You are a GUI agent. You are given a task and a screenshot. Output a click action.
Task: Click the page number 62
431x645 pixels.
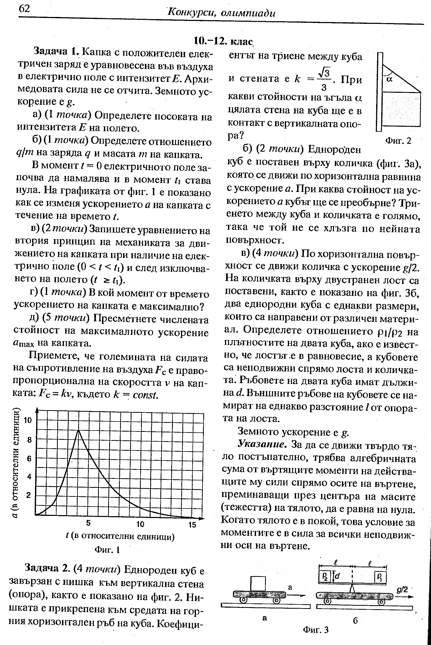pyautogui.click(x=24, y=9)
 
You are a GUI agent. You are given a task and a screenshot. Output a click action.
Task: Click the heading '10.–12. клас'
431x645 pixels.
pyautogui.click(x=223, y=41)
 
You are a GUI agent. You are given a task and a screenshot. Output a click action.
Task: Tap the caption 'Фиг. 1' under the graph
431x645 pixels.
pyautogui.click(x=107, y=550)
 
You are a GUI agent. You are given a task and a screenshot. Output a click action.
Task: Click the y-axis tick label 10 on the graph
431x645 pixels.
pyautogui.click(x=28, y=420)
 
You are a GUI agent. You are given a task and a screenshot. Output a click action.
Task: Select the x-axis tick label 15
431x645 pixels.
pyautogui.click(x=192, y=525)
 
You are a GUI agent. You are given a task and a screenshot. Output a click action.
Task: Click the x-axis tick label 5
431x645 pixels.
pyautogui.click(x=88, y=523)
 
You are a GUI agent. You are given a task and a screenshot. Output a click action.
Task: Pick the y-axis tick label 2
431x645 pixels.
pyautogui.click(x=29, y=495)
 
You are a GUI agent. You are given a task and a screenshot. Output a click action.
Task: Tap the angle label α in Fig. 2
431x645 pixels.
pyautogui.click(x=389, y=80)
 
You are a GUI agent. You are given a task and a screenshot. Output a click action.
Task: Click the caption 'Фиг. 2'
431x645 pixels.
pyautogui.click(x=398, y=141)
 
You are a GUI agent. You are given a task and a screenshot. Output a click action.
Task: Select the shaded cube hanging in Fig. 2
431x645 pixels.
pyautogui.click(x=401, y=109)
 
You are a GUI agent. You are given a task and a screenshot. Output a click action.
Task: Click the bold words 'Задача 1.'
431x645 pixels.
pyautogui.click(x=56, y=51)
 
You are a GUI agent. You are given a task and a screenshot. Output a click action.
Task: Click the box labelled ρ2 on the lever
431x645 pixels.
pyautogui.click(x=325, y=576)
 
